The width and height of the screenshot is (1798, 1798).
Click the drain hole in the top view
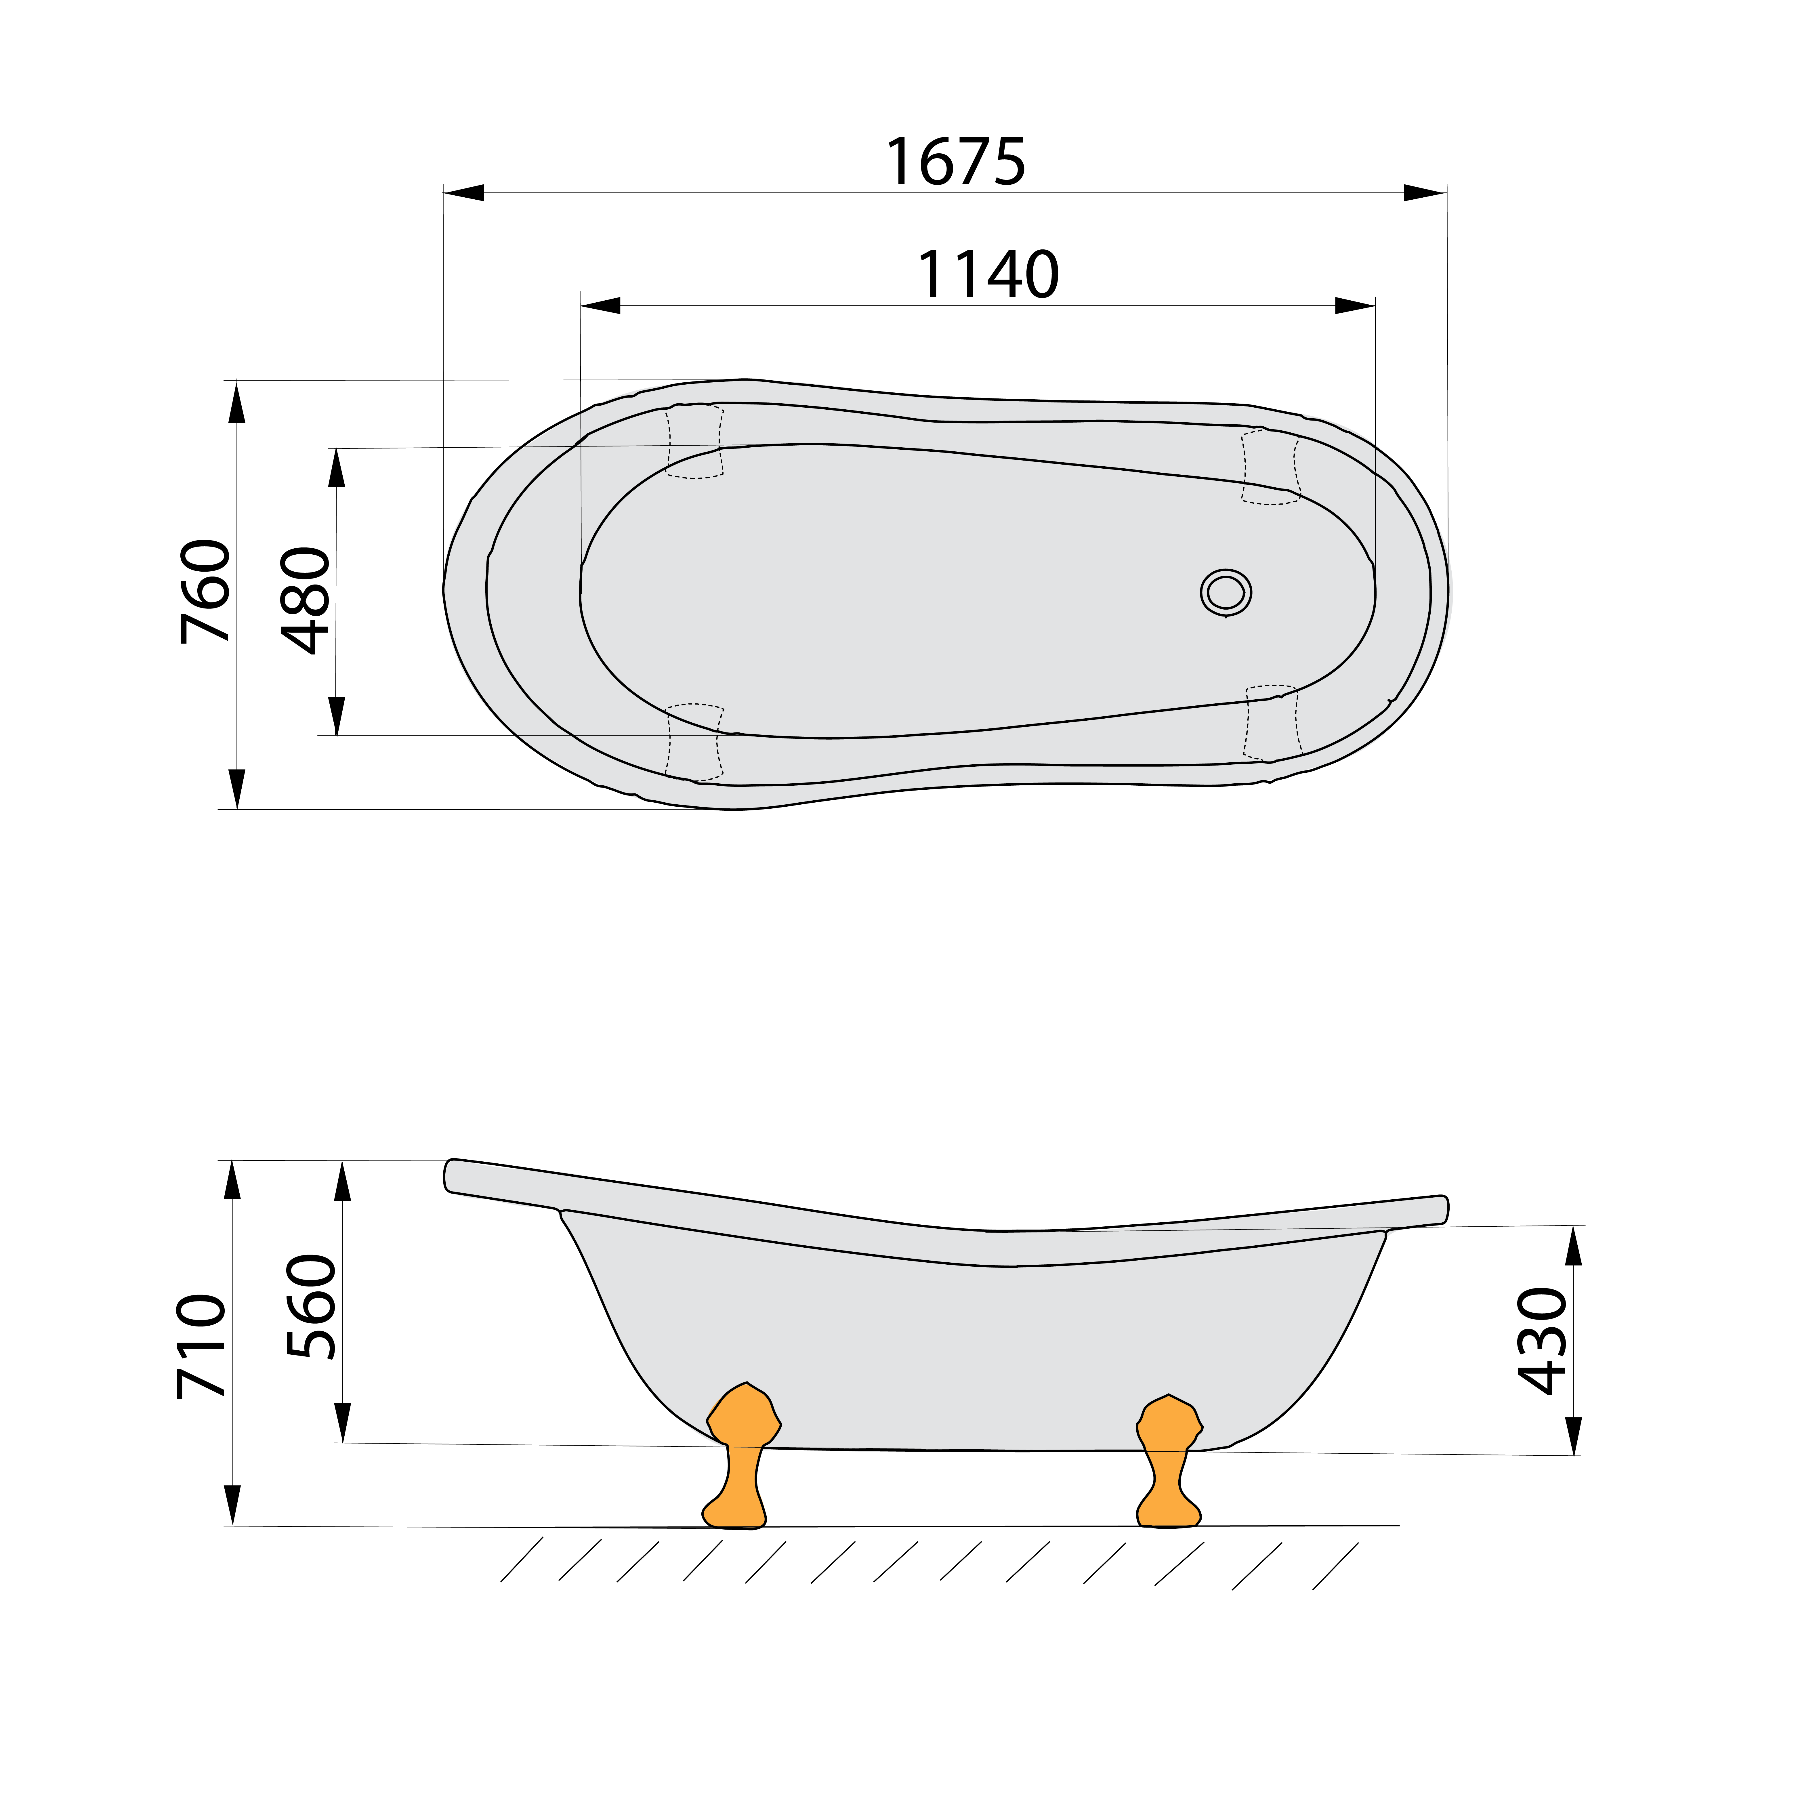pos(1226,592)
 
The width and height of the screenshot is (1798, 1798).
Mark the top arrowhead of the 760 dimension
pos(237,402)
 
